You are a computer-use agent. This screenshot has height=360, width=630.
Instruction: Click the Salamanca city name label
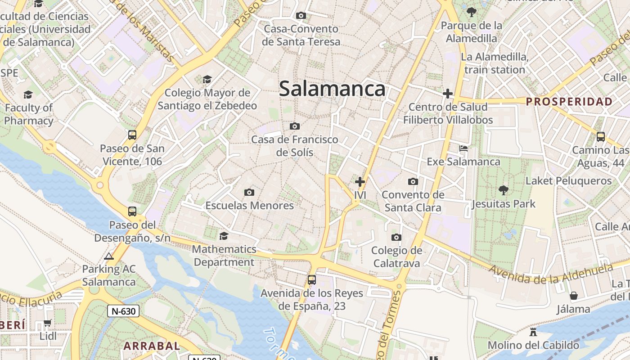pos(332,89)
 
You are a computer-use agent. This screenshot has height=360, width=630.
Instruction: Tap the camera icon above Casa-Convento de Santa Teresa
pos(301,16)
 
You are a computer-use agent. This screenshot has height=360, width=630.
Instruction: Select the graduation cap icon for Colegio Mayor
pos(207,80)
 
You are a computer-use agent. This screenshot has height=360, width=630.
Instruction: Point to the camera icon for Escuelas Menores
pos(249,193)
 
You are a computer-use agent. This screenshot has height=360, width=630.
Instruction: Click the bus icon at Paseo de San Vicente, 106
pos(132,135)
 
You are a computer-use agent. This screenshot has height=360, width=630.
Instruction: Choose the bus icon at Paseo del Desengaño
pos(132,211)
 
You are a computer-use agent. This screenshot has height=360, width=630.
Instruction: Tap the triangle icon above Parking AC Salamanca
pos(108,256)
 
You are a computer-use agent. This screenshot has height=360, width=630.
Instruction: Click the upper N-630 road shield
pos(123,311)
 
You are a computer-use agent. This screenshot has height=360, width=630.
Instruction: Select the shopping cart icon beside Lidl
pos(48,323)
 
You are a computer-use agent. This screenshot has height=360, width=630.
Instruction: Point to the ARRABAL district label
pos(152,346)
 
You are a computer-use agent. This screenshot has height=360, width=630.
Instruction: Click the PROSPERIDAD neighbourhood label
pos(569,102)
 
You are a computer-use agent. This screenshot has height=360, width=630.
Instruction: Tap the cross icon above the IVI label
pos(360,182)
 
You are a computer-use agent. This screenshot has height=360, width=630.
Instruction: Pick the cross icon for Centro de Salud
pos(448,94)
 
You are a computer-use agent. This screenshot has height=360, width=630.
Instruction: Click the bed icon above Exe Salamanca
pos(463,148)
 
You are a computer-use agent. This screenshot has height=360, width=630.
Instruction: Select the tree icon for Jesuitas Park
pos(504,190)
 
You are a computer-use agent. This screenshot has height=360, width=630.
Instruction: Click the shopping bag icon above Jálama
pos(573,296)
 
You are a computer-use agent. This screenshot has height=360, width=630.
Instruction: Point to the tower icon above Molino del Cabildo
pos(533,333)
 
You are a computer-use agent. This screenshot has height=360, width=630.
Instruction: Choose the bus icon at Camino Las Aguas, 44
pos(600,137)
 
